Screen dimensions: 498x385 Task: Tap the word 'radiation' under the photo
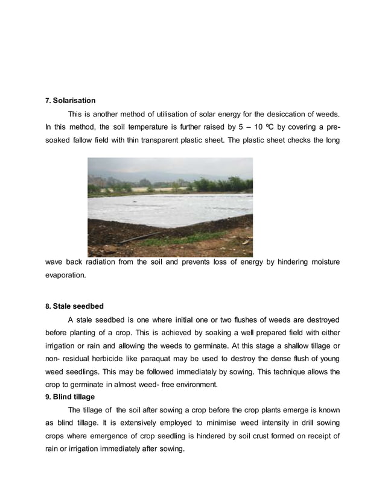point(106,262)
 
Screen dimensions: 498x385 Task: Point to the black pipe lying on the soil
point(139,238)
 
